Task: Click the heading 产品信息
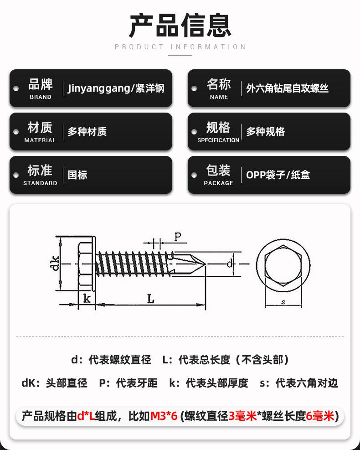tap(180, 25)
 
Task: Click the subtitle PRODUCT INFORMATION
tap(180, 47)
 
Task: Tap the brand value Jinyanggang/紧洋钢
tap(116, 88)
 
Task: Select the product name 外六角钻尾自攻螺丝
tap(287, 88)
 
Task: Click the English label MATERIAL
tap(40, 140)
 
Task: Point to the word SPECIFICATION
tap(218, 140)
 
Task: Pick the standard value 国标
tap(77, 175)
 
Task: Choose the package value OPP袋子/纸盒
tap(278, 175)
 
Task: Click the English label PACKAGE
tap(218, 183)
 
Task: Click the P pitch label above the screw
tap(178, 237)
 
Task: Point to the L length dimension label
tap(151, 300)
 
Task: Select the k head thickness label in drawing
tap(87, 299)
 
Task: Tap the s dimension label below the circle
tap(283, 302)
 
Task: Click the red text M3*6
tap(164, 416)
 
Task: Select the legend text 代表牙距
tap(137, 383)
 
